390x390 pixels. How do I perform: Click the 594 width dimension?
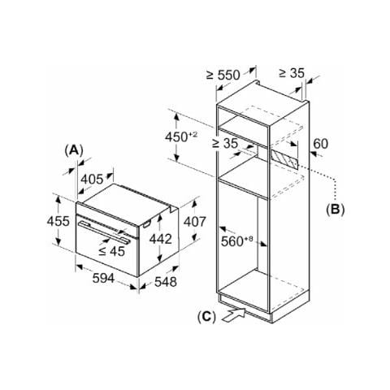coord(103,278)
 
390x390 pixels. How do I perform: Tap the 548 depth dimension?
coord(166,282)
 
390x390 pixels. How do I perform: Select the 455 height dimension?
coord(58,221)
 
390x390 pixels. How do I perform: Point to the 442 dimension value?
coord(161,239)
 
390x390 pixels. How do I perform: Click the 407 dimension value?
coord(195,222)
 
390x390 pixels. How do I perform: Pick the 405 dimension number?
coord(92,180)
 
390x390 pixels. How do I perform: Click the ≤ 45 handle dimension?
coord(111,251)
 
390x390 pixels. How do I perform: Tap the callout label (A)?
coord(74,150)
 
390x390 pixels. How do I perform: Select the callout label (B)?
coord(336,210)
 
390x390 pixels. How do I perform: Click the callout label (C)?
coord(206,316)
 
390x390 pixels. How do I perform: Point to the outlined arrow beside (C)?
coord(233,315)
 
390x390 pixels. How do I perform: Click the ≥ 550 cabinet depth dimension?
coord(223,75)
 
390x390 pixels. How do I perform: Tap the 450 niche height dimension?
coord(181,136)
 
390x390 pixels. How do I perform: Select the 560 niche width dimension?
coord(236,241)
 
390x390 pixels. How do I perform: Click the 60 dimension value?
coord(320,144)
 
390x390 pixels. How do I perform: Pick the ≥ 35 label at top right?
coord(292,73)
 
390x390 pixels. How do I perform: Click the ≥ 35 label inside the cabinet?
coord(225,143)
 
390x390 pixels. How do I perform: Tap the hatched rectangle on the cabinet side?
coord(284,159)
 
